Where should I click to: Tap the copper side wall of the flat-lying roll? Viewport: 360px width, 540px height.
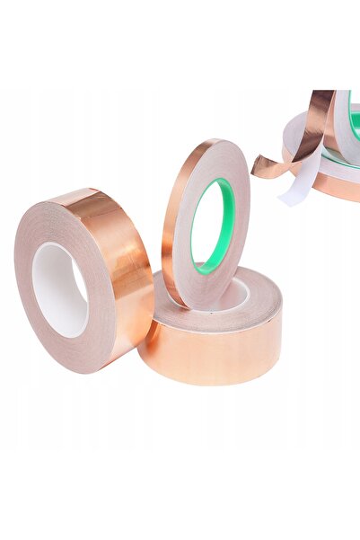(211, 355)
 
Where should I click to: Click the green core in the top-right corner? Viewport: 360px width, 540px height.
(354, 121)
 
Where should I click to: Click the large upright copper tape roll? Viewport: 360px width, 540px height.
(81, 279)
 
